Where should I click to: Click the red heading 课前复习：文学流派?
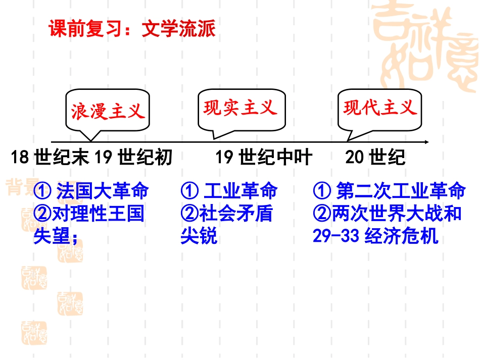click(x=132, y=28)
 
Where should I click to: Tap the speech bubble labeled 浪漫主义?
click(x=108, y=111)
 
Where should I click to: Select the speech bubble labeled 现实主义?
click(x=242, y=110)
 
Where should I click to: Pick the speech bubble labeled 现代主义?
click(x=379, y=110)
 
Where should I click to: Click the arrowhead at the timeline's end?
click(x=426, y=142)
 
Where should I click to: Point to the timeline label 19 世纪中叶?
click(x=264, y=157)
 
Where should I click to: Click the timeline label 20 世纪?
click(x=375, y=157)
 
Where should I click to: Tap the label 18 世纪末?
click(x=50, y=157)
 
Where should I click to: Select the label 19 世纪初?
click(x=133, y=157)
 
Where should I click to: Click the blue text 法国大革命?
click(x=103, y=190)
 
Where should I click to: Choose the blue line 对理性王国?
click(x=98, y=213)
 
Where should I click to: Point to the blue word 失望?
click(x=52, y=236)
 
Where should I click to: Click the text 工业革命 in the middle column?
click(x=241, y=190)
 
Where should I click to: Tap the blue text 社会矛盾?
click(x=236, y=213)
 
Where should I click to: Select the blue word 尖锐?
click(x=199, y=236)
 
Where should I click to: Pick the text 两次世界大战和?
click(x=397, y=213)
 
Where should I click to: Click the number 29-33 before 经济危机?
click(x=336, y=236)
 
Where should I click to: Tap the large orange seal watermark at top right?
click(x=425, y=46)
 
